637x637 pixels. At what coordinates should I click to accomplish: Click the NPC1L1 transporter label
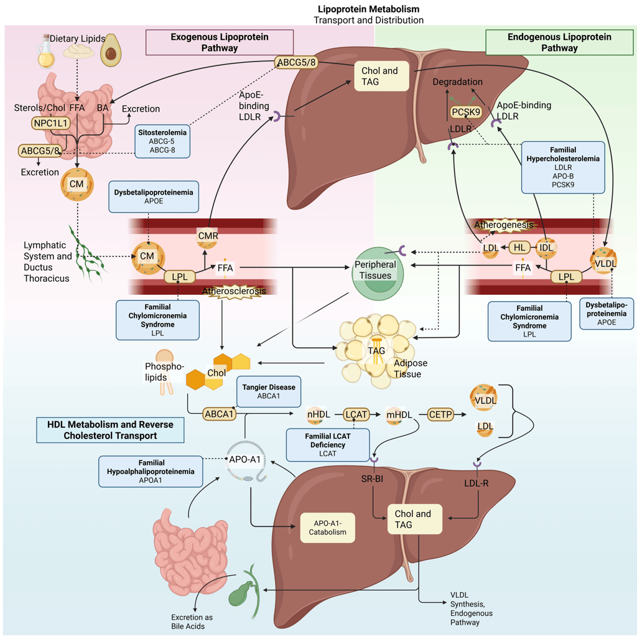(x=50, y=123)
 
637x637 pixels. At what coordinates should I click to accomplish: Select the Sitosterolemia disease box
(x=162, y=141)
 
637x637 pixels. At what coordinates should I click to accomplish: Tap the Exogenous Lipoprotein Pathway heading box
(x=219, y=42)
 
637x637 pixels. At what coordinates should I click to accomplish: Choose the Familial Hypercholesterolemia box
(x=563, y=166)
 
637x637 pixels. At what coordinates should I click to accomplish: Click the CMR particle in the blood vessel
(x=207, y=235)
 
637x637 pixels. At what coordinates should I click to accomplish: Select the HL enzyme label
(x=520, y=247)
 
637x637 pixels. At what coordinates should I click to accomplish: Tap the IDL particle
(x=547, y=247)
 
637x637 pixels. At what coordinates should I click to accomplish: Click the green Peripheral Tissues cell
(x=376, y=271)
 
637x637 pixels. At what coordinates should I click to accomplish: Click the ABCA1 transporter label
(x=220, y=414)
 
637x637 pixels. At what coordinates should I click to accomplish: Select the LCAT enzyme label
(x=357, y=413)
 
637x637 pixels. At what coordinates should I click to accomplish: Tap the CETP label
(x=442, y=413)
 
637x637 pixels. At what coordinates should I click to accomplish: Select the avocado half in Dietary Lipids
(x=111, y=50)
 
